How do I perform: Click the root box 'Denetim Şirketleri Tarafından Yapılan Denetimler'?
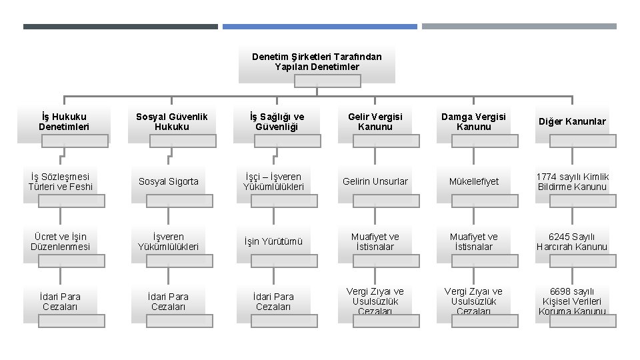pyautogui.click(x=317, y=62)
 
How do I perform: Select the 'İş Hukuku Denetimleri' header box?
pyautogui.click(x=63, y=122)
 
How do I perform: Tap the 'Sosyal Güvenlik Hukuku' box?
pyautogui.click(x=171, y=122)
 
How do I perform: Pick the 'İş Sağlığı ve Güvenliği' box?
pyautogui.click(x=277, y=122)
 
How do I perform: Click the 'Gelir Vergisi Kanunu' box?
pyautogui.click(x=375, y=122)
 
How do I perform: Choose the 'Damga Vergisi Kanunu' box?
pyautogui.click(x=474, y=122)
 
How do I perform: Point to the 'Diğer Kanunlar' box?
pyautogui.click(x=572, y=122)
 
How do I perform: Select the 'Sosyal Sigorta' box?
pyautogui.click(x=168, y=182)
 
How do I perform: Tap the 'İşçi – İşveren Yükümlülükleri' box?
pyautogui.click(x=273, y=182)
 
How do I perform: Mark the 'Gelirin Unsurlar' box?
pyautogui.click(x=375, y=182)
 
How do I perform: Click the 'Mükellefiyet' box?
pyautogui.click(x=474, y=182)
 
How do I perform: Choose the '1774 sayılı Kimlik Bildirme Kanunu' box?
pyautogui.click(x=572, y=182)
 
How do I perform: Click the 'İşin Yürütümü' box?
pyautogui.click(x=273, y=242)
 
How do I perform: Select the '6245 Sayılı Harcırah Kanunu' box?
pyautogui.click(x=572, y=242)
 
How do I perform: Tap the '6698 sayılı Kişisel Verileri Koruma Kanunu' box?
pyautogui.click(x=572, y=302)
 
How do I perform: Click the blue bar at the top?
pyautogui.click(x=319, y=27)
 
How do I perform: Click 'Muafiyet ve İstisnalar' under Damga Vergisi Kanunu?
pyautogui.click(x=474, y=242)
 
